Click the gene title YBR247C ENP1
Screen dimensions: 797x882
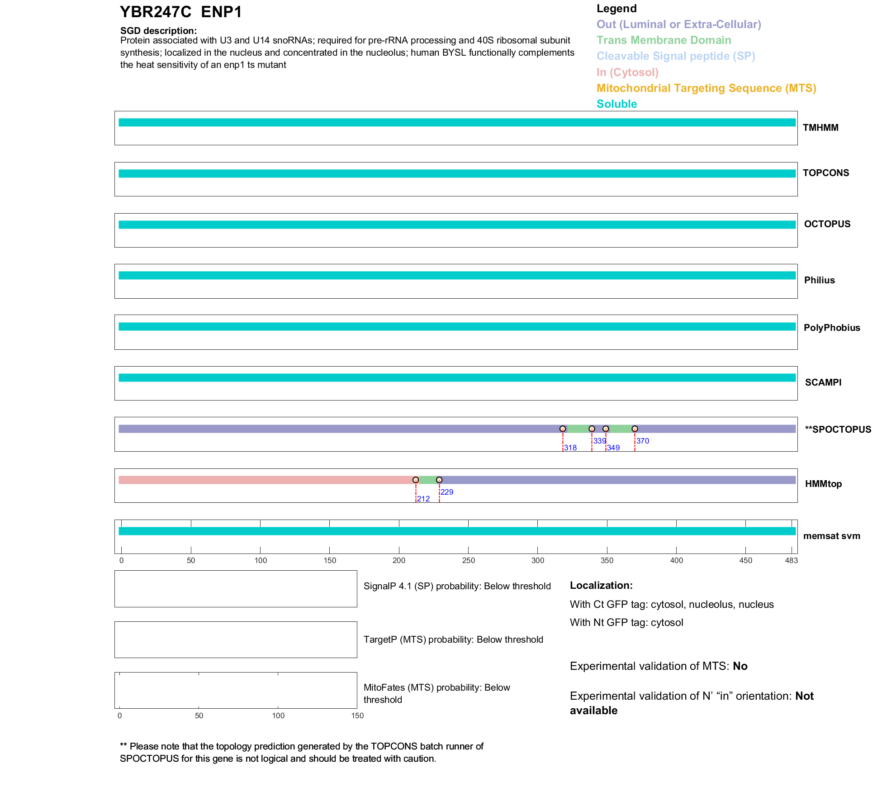coord(180,12)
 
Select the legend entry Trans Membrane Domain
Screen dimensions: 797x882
coord(664,40)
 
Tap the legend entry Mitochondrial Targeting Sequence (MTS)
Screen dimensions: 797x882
coord(706,88)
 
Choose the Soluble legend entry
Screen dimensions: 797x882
coord(616,104)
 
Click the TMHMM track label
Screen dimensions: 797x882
coord(820,128)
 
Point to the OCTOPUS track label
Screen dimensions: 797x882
coord(827,224)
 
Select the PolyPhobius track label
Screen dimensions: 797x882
coord(831,328)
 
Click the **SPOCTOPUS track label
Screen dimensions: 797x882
coord(838,430)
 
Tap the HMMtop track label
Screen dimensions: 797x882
coord(823,484)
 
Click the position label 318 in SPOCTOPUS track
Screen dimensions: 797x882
coord(570,448)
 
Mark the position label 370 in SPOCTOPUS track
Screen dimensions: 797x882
coord(642,441)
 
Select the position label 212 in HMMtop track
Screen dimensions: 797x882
coord(423,499)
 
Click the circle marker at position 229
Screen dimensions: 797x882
coord(439,480)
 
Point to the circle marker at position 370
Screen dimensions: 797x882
coord(635,429)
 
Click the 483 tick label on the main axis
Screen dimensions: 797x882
coord(791,560)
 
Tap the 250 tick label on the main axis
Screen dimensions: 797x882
coord(468,560)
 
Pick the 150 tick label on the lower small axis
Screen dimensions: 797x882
coord(357,716)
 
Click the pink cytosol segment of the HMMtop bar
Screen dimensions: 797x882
coord(267,480)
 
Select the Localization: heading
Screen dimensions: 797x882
coord(601,585)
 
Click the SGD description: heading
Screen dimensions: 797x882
coord(158,31)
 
